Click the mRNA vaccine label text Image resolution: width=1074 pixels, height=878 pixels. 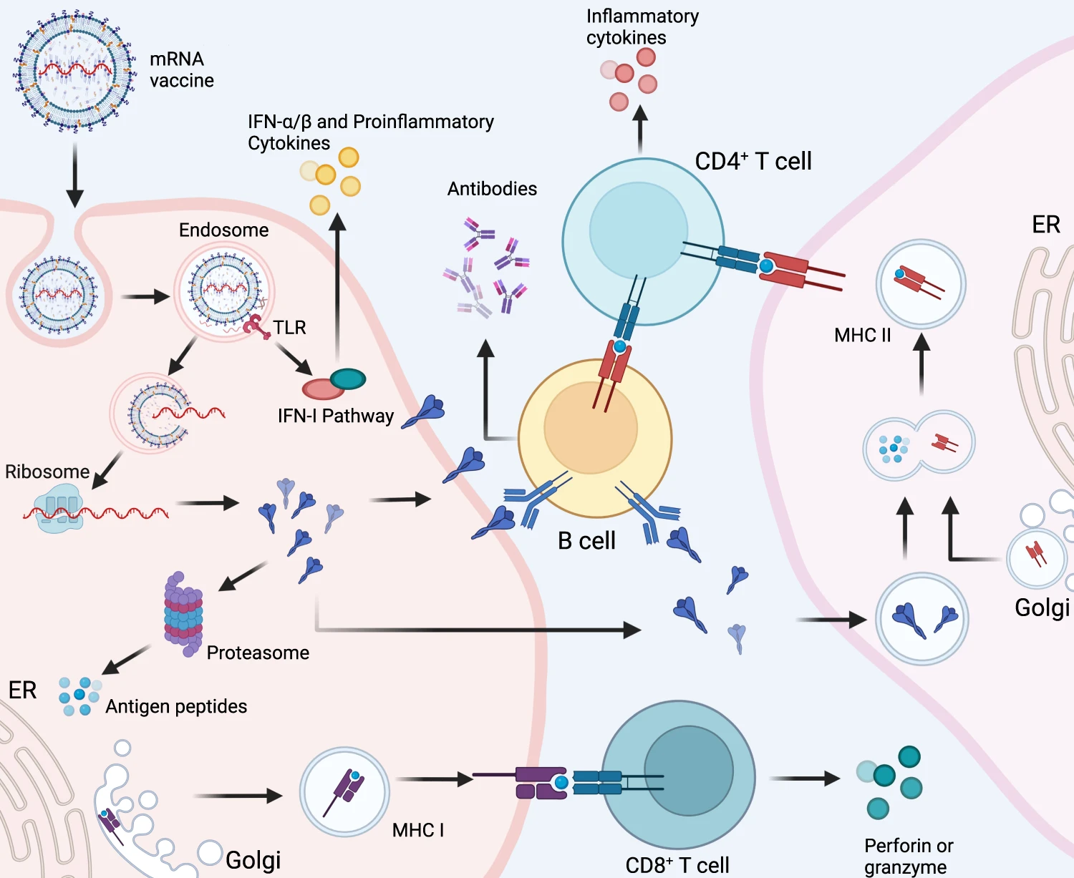[x=181, y=69]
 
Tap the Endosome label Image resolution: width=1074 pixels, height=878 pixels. [x=223, y=230]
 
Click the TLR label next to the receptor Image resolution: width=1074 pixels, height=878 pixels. [x=289, y=328]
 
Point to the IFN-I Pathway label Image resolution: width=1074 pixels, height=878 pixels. [x=336, y=416]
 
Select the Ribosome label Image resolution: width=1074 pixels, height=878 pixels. [x=47, y=472]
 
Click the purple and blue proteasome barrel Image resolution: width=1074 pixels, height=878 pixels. [x=183, y=614]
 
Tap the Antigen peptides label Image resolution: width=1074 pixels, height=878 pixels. [x=176, y=706]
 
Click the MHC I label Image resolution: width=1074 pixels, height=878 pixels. [x=418, y=830]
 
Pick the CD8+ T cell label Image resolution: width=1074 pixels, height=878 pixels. [x=677, y=864]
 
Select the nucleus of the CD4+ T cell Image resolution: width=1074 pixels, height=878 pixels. [x=638, y=230]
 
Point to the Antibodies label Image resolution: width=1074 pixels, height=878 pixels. [x=492, y=189]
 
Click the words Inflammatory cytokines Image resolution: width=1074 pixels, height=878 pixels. [x=642, y=26]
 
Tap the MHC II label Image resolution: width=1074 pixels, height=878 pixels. [x=862, y=335]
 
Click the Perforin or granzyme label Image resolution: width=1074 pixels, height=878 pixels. [x=908, y=856]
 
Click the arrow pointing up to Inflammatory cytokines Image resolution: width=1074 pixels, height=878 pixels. [x=641, y=129]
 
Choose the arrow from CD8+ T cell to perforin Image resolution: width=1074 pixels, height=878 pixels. [x=805, y=778]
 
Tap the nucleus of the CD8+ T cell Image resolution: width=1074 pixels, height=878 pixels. [x=689, y=771]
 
